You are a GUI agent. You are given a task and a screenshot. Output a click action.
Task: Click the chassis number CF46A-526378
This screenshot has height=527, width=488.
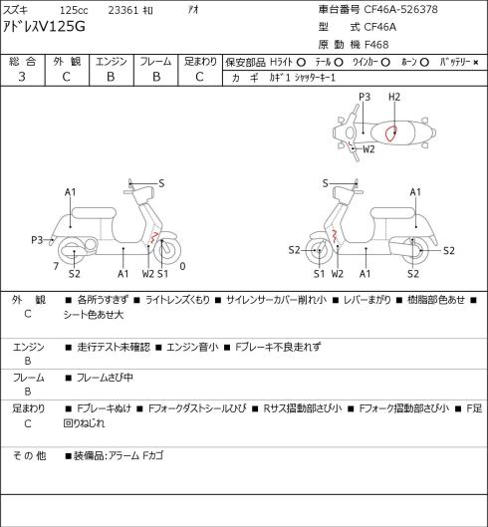[x=400, y=9]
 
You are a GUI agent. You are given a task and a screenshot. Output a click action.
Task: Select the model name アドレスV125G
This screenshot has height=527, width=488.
[x=44, y=27]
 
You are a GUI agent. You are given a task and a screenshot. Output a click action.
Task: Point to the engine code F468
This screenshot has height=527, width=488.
[x=376, y=45]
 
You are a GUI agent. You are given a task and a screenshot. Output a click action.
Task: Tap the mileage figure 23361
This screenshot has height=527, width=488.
[x=123, y=10]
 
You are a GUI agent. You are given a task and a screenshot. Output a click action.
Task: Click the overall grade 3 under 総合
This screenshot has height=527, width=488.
[x=22, y=77]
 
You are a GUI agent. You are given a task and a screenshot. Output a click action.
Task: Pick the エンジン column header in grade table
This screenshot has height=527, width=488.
[x=112, y=62]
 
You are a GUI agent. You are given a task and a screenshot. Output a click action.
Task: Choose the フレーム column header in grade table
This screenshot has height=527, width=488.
[x=155, y=62]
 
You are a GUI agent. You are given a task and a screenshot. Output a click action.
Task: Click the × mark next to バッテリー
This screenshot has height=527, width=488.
[x=476, y=62]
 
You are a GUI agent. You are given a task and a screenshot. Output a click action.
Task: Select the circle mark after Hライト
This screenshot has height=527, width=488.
[x=301, y=62]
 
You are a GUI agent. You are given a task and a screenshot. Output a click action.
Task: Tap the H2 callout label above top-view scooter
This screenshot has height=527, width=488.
[x=394, y=98]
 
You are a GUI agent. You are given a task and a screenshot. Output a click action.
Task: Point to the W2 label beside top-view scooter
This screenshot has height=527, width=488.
[x=368, y=148]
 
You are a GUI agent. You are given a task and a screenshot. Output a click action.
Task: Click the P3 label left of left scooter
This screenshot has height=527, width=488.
[x=37, y=240]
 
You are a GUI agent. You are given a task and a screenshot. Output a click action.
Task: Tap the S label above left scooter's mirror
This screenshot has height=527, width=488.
[x=161, y=183]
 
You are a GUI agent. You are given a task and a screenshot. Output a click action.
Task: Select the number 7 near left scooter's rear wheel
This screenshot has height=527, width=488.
[x=56, y=266]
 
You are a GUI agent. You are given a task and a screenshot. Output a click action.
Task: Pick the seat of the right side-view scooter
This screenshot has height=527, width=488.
[x=392, y=213]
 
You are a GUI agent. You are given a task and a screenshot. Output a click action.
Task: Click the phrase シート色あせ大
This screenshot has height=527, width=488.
[x=94, y=315]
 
